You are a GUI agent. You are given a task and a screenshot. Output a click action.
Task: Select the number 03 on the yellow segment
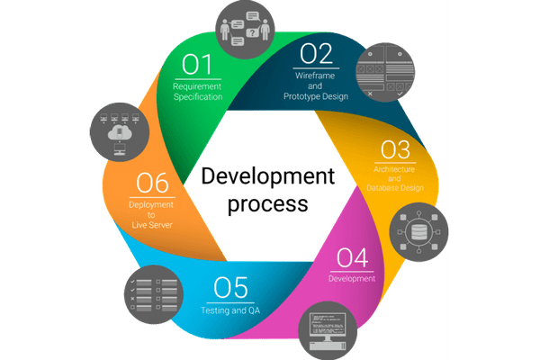(395, 149)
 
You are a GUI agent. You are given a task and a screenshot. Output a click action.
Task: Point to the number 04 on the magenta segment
(352, 258)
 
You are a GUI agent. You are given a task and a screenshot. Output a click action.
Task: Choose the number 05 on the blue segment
(230, 289)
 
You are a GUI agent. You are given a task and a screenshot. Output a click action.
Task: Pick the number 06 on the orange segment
(152, 184)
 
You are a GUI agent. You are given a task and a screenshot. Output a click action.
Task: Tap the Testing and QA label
(229, 310)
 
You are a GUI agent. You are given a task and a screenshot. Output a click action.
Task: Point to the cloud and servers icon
(119, 134)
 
